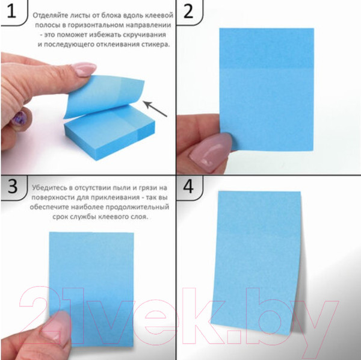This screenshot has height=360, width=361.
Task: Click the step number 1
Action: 11,11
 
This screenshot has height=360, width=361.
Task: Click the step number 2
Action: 188,11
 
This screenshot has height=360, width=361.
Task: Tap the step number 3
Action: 13,186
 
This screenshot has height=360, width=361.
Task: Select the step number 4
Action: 188,187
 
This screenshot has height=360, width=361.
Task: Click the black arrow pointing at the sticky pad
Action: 155,109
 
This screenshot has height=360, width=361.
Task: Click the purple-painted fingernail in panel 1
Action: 20,118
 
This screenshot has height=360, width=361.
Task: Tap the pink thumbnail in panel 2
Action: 210,151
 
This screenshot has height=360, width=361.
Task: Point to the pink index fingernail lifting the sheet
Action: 84,69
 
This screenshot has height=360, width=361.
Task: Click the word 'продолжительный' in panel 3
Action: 137,207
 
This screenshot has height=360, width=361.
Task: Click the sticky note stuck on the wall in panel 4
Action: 256,262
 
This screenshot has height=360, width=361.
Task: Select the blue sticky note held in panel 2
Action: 267,89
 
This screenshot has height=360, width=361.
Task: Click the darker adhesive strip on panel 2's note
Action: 267,49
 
